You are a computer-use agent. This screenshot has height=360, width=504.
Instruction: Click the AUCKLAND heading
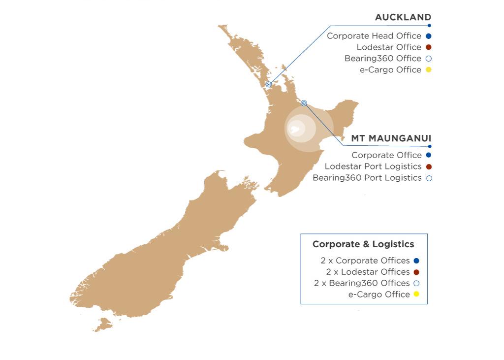click(403, 17)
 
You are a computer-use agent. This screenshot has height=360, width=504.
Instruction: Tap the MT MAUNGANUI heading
click(391, 138)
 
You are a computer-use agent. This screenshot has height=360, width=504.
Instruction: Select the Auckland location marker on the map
click(269, 84)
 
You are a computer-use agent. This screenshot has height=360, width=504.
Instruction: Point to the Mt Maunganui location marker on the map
click(304, 103)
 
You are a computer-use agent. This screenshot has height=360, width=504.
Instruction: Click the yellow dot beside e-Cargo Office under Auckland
click(429, 70)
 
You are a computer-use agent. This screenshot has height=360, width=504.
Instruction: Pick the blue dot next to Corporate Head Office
click(429, 36)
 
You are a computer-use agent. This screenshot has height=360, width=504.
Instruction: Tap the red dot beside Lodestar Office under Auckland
click(429, 47)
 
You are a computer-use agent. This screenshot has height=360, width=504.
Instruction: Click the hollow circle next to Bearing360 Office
click(429, 59)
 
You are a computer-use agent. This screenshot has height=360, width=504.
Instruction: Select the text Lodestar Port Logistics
click(373, 166)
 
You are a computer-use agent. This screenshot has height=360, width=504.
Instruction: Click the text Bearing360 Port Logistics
click(367, 178)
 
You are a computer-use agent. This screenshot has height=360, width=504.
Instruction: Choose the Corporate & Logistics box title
click(363, 244)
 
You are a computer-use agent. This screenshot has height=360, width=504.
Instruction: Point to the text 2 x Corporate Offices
click(365, 261)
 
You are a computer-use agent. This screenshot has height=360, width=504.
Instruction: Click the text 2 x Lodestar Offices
click(368, 272)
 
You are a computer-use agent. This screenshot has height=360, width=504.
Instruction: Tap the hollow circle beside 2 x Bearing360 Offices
click(416, 283)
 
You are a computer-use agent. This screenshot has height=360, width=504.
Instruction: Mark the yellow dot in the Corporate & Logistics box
click(416, 295)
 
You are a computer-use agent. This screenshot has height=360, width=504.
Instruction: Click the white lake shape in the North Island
click(295, 130)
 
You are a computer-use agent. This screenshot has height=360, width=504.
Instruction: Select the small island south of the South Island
click(103, 324)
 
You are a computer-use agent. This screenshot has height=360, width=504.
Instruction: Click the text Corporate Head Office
click(374, 36)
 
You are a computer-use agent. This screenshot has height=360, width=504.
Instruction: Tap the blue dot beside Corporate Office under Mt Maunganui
click(429, 155)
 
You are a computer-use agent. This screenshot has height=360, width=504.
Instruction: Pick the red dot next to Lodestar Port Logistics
click(429, 166)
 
